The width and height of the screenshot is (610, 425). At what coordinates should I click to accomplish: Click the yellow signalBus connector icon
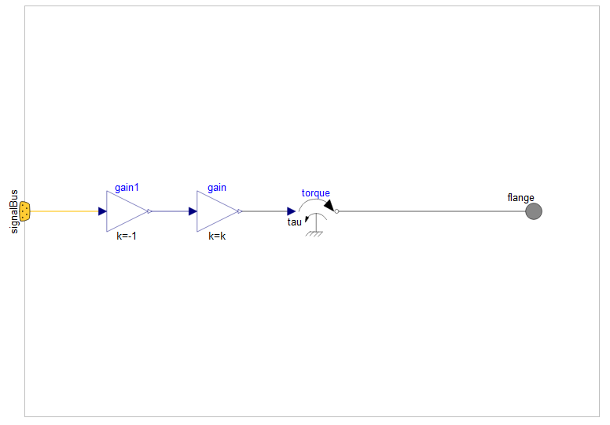(25, 211)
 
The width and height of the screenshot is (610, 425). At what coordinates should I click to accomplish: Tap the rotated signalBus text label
(14, 211)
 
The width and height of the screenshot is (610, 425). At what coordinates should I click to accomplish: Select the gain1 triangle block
(125, 211)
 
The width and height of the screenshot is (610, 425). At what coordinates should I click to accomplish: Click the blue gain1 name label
(127, 188)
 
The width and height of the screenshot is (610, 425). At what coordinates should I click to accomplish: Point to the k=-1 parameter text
(127, 236)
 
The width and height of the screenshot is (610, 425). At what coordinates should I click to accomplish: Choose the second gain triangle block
(215, 211)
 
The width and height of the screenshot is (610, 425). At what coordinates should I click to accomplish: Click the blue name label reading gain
(217, 188)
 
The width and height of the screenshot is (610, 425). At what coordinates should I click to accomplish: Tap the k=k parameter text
(217, 236)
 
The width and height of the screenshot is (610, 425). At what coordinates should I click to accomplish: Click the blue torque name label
(316, 193)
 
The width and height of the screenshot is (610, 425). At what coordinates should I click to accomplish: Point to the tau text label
(294, 222)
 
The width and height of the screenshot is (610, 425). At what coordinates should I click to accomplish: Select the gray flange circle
(534, 211)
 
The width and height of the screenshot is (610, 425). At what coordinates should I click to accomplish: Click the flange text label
(521, 198)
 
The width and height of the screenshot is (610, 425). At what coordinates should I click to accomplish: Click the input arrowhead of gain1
(102, 211)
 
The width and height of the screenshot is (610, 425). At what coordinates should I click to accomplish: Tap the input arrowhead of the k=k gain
(193, 211)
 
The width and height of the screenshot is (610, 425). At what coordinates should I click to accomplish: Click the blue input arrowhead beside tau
(291, 211)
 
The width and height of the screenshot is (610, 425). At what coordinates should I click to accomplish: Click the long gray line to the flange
(432, 211)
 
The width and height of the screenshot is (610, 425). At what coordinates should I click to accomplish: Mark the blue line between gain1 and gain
(170, 211)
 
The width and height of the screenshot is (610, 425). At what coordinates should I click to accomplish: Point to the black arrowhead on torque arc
(329, 206)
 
